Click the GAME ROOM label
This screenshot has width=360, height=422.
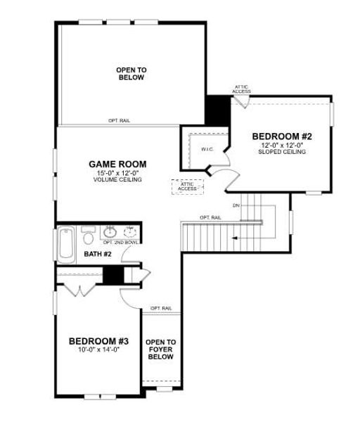click(117, 164)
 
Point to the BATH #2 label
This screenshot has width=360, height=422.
click(98, 254)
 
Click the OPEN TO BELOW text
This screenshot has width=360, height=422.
click(131, 73)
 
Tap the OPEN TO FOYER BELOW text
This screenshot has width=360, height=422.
click(160, 350)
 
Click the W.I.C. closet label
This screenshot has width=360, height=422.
click(207, 149)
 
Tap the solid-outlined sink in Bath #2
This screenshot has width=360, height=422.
click(110, 231)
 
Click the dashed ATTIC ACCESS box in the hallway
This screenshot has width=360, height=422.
click(187, 186)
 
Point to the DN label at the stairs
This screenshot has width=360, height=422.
click(236, 205)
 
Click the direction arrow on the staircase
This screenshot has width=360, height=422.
click(235, 239)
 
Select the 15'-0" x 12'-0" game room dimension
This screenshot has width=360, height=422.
click(117, 173)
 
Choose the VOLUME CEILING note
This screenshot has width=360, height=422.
click(117, 180)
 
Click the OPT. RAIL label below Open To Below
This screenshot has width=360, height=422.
click(119, 121)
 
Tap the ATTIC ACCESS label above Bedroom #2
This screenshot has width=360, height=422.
click(241, 89)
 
